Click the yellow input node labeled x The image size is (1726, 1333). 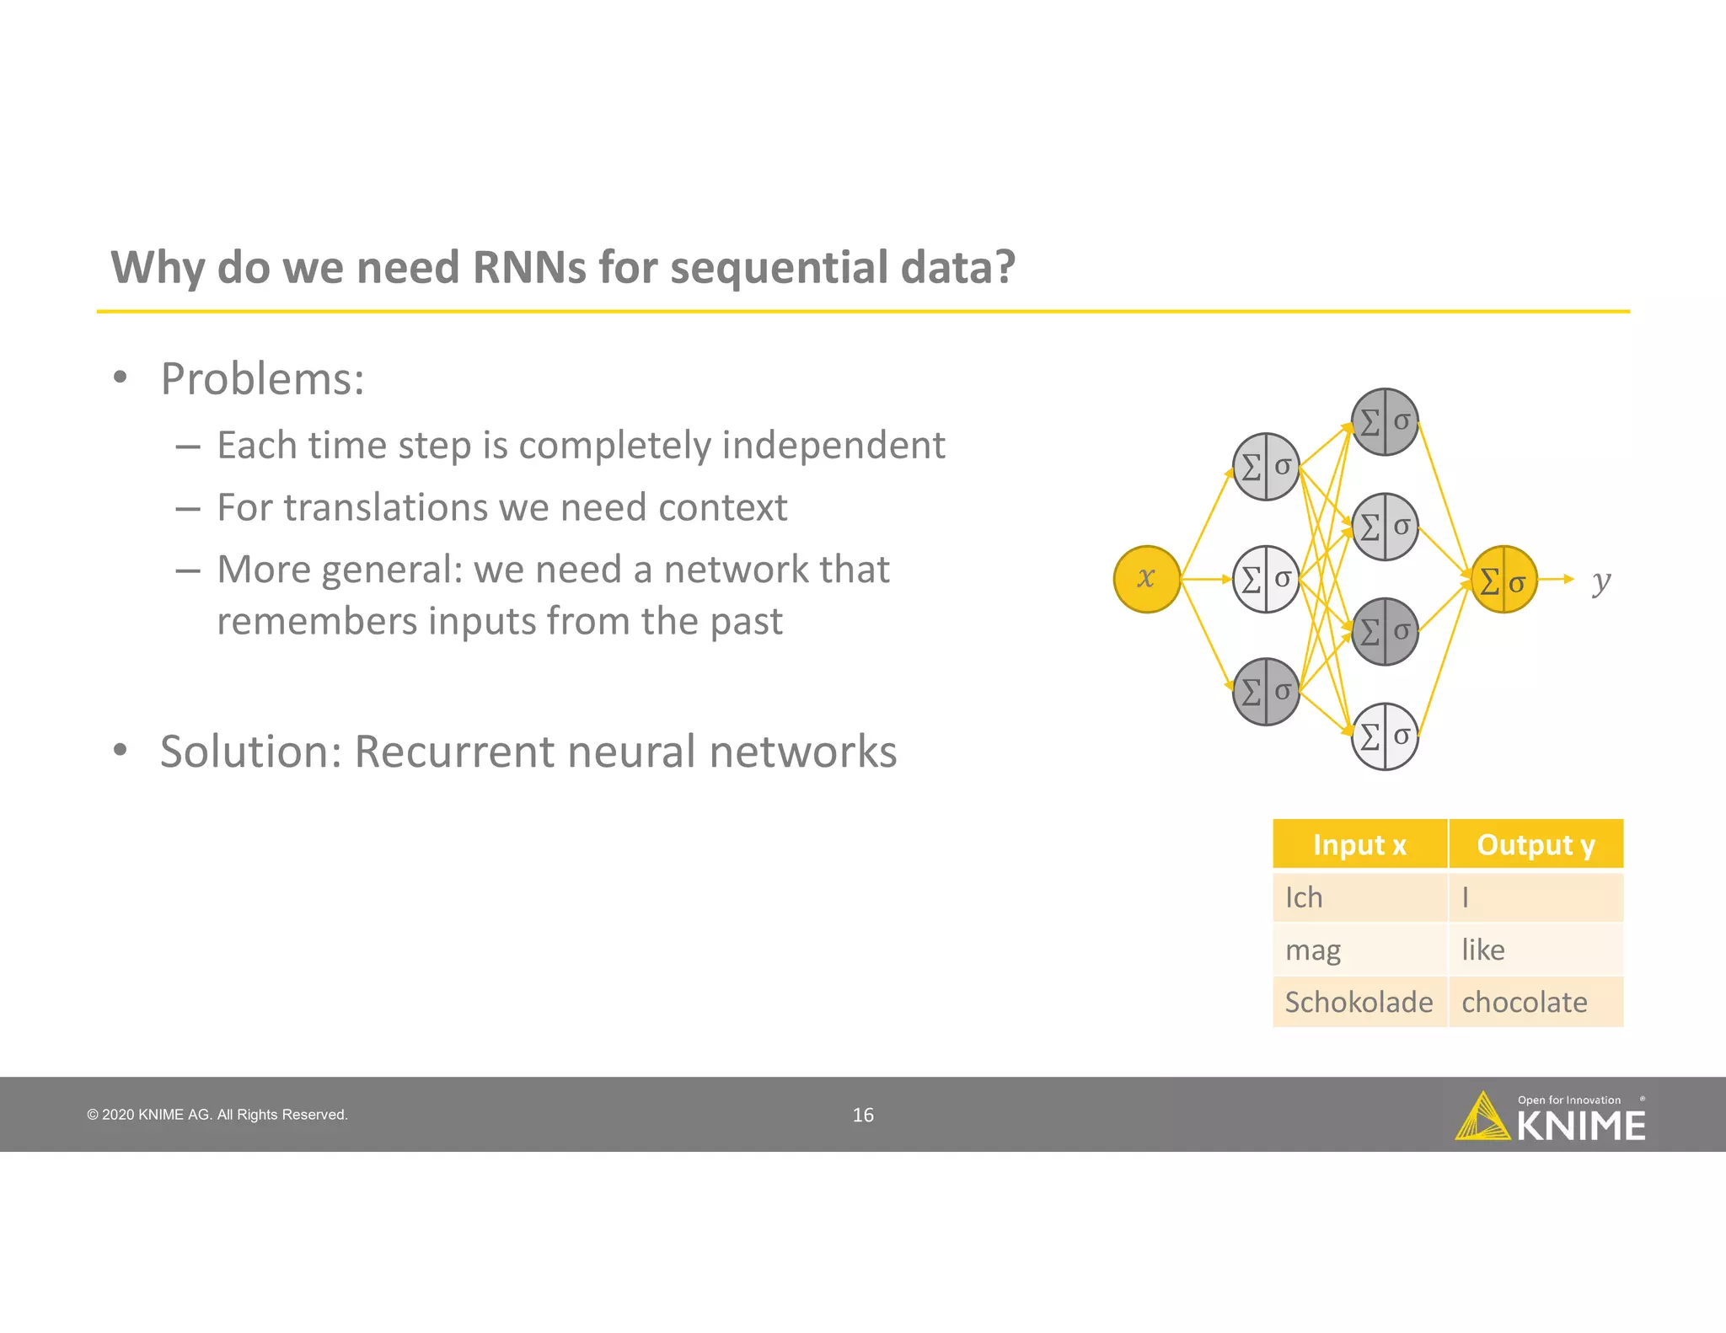1146,579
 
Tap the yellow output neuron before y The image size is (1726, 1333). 1504,580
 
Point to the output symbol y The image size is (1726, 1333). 1600,581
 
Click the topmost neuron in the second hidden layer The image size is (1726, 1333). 1385,421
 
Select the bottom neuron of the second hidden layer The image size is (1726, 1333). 1385,736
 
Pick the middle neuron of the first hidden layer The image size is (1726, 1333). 1266,579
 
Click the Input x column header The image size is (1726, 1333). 1359,844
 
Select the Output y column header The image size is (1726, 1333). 1536,844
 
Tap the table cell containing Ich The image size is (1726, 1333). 1359,897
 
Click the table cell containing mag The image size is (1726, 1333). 1359,950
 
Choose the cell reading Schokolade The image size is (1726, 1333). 1359,1002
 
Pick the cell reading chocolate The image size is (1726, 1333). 1534,1002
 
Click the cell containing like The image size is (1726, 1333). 1534,950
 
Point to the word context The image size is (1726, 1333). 722,507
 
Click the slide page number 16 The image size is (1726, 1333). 863,1115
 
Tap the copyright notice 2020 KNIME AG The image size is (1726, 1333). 217,1115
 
